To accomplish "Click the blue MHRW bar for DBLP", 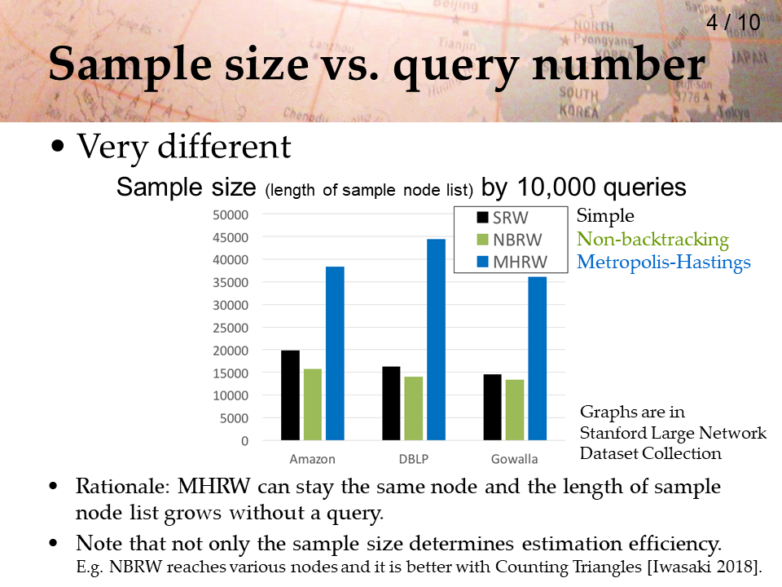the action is (x=436, y=339).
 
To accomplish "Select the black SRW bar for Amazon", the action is (x=290, y=395).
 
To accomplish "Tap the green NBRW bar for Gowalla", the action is (x=515, y=410).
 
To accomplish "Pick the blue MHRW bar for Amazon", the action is (x=335, y=353).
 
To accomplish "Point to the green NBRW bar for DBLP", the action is (x=414, y=408).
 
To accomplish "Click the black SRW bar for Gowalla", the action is (x=492, y=408).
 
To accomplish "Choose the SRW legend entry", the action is (x=503, y=218).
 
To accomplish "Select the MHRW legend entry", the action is (x=512, y=262).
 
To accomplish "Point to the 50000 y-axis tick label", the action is (x=231, y=215).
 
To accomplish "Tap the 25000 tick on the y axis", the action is (x=231, y=329).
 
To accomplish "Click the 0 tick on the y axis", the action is (x=244, y=441).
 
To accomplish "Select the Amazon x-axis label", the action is (x=312, y=459).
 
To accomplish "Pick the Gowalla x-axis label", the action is (x=514, y=459).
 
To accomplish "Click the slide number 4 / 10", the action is (x=733, y=23).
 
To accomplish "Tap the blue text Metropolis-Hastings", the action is (x=664, y=262).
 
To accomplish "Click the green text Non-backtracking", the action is (x=652, y=240).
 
